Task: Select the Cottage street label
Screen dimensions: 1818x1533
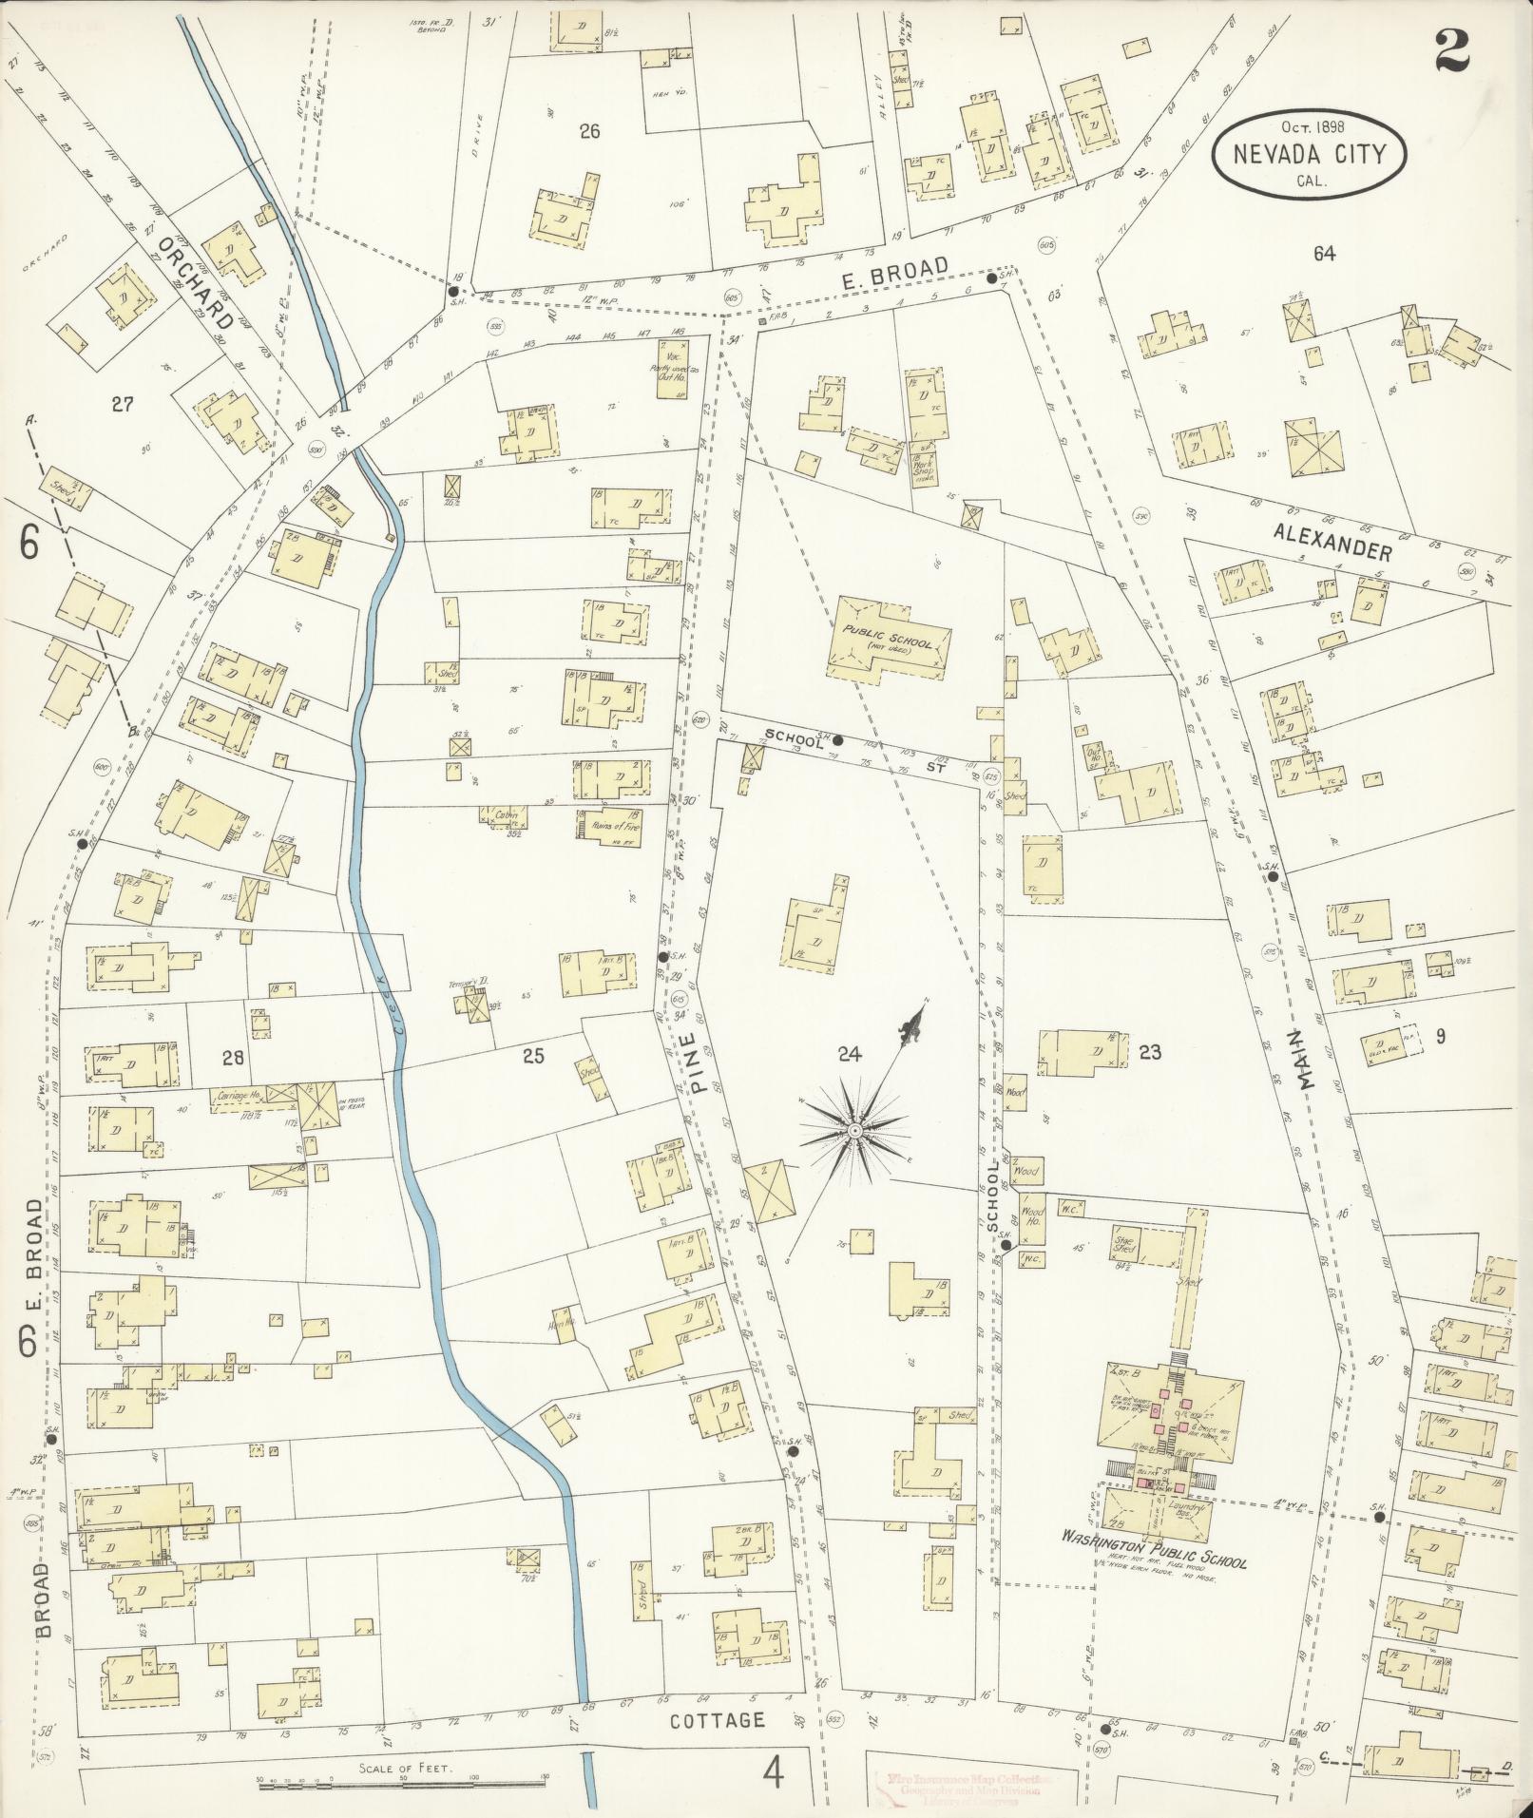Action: (x=718, y=1720)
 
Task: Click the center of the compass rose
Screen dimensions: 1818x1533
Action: (x=854, y=1131)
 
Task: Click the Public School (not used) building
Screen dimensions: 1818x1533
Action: (x=889, y=638)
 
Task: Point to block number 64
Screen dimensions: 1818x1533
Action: (x=1324, y=254)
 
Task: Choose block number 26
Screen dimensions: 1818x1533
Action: (x=590, y=131)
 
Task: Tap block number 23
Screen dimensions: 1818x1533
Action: (x=1150, y=1052)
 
